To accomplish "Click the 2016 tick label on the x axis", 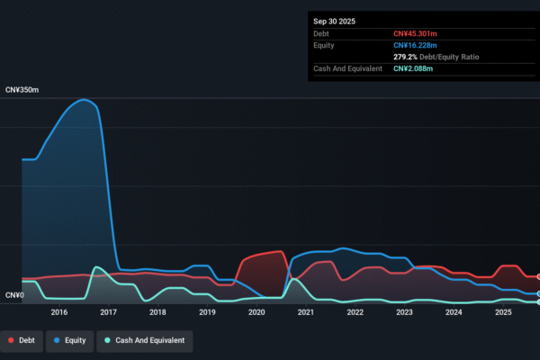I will pos(59,312).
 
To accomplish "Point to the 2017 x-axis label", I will pos(108,312).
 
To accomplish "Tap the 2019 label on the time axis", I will pos(207,312).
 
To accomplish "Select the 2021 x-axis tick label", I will pos(306,312).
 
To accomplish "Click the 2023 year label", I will pos(404,312).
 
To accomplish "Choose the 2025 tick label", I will pos(503,312).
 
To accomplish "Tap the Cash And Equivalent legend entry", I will pos(144,340).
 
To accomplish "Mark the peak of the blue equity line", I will pos(85,99).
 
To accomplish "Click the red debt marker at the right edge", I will pos(538,276).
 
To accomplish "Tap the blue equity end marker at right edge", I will pos(538,293).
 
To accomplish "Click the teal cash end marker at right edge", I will pos(538,301).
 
